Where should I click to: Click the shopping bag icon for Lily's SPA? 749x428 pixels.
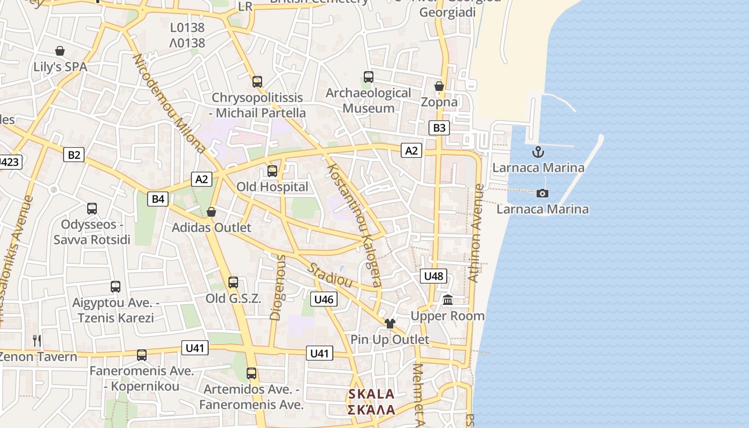tap(60, 51)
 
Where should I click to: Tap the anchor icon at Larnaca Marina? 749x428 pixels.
tap(538, 152)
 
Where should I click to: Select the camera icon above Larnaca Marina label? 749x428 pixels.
tap(542, 193)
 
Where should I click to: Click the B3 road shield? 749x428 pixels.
tap(439, 128)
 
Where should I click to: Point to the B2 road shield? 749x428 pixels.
tap(74, 155)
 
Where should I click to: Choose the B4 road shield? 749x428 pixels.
tap(158, 199)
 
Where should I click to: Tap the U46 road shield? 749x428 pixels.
tap(324, 299)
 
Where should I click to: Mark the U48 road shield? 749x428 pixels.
tap(433, 276)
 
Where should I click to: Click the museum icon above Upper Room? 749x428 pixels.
tap(448, 300)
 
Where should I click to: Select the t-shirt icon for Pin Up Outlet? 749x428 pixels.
tap(390, 323)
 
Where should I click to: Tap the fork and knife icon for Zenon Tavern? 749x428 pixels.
tap(37, 340)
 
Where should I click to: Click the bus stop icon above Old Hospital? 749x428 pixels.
tap(272, 171)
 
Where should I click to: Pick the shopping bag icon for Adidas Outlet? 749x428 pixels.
tap(211, 212)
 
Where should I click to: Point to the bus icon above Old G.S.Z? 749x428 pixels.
tap(233, 282)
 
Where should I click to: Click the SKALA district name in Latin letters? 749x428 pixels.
tap(371, 394)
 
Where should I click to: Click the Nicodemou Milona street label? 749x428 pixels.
tap(169, 103)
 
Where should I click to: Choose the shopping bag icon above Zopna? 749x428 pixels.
tap(439, 86)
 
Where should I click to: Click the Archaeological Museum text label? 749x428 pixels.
tap(369, 101)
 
